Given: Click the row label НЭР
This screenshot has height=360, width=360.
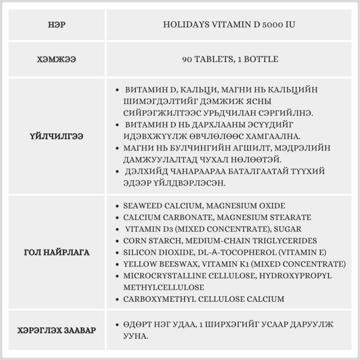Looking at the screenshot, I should pyautogui.click(x=57, y=25).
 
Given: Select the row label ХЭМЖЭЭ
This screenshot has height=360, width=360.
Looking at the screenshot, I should pyautogui.click(x=57, y=59).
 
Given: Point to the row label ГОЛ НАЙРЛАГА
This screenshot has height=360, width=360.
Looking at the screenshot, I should pyautogui.click(x=57, y=252).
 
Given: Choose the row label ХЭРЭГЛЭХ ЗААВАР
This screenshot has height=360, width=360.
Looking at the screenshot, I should pyautogui.click(x=57, y=330).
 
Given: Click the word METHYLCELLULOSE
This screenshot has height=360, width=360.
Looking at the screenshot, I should pyautogui.click(x=163, y=288).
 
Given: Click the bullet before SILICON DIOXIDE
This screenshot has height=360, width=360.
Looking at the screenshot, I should pyautogui.click(x=118, y=253).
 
